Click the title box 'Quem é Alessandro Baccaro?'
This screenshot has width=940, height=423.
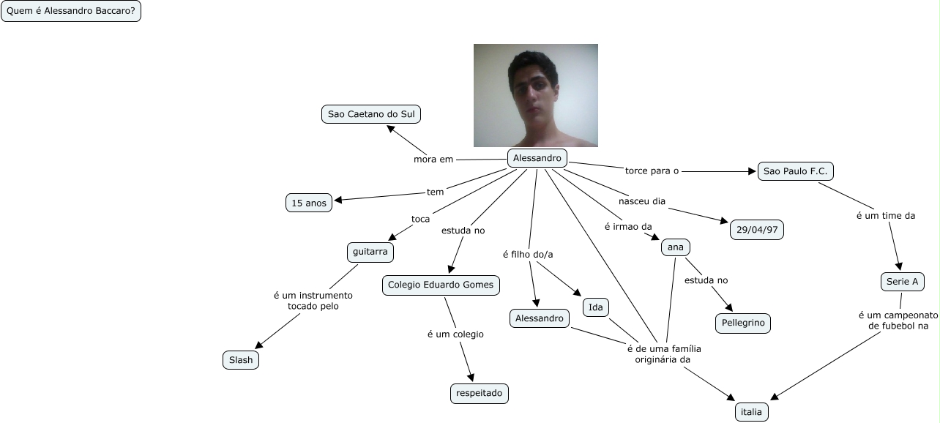coord(70,12)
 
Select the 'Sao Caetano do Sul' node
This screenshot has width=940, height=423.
coord(371,115)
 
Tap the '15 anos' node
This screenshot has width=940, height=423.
coord(308,203)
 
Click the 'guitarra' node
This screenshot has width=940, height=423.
coord(370,252)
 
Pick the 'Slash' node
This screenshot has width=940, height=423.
coord(240,360)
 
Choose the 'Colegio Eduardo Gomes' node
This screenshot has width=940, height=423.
coord(441,285)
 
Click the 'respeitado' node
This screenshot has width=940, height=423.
coord(479,394)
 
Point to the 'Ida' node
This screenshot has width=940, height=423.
coord(596,308)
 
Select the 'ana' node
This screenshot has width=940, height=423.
coord(676,247)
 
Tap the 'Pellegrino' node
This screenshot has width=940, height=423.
coord(742,323)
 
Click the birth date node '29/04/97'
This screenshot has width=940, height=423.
coord(756,230)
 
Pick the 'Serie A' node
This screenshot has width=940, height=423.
coord(902,282)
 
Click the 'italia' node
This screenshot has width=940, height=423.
coord(751,412)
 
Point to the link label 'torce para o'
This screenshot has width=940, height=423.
coord(652,171)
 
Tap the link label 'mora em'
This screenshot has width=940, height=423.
coord(433,159)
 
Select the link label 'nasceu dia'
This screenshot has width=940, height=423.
coord(642,201)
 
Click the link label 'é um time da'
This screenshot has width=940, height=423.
coord(886,215)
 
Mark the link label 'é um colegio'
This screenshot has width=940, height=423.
coord(455,334)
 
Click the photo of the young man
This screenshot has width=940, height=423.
coord(535,95)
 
